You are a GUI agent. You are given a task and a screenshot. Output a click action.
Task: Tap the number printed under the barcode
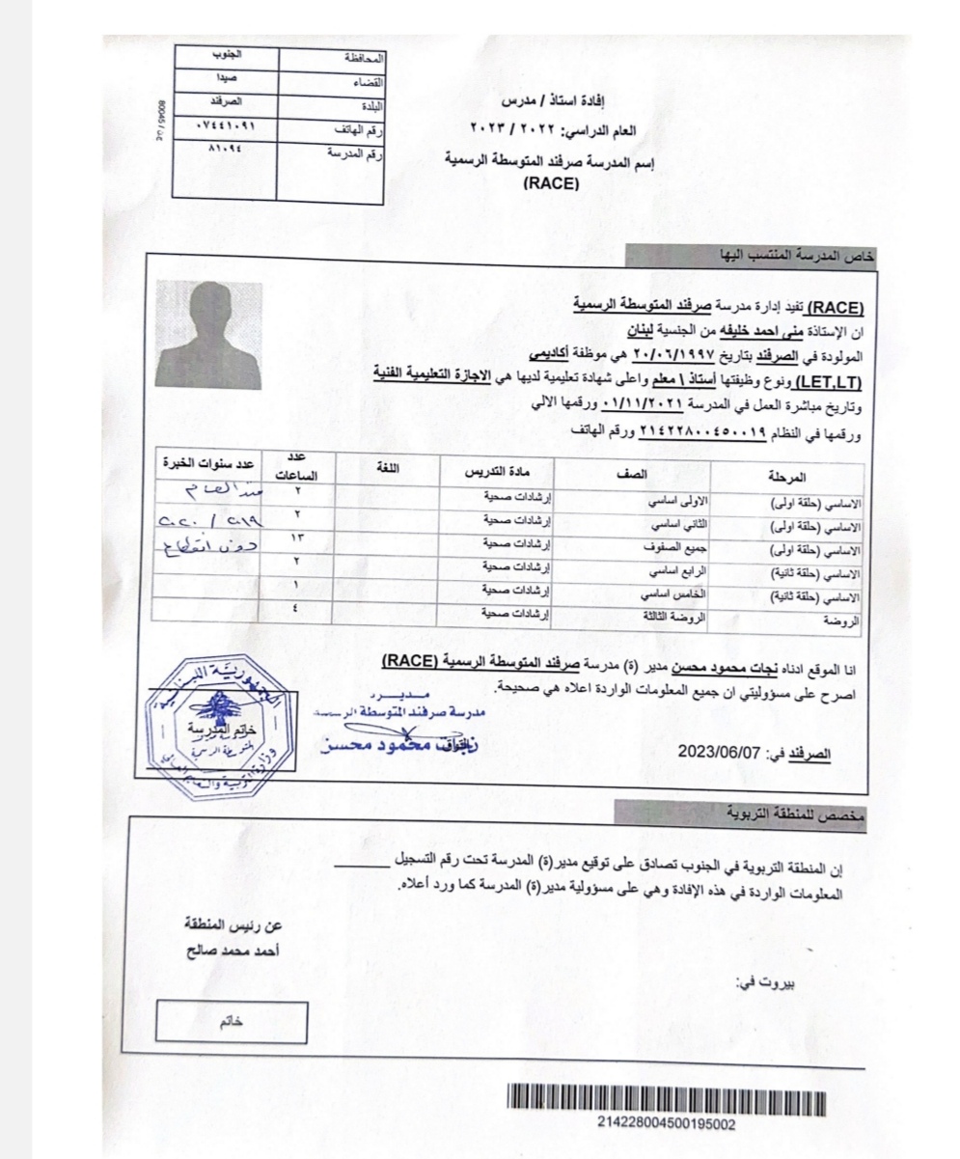tap(667, 1124)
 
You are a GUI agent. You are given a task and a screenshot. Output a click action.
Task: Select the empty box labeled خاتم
tap(232, 1022)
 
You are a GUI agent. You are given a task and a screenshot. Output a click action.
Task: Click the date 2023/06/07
tap(718, 751)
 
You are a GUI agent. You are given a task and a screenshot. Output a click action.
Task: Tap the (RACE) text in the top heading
tap(551, 185)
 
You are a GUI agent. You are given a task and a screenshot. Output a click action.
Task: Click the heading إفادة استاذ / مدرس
tap(551, 100)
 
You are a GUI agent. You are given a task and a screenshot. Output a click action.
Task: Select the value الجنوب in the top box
tap(227, 54)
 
